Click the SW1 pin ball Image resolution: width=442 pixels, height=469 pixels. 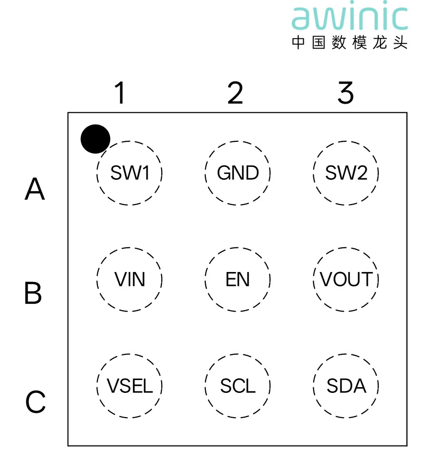[130, 173]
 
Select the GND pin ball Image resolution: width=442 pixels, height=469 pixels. [238, 173]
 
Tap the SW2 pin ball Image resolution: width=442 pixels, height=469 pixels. [346, 173]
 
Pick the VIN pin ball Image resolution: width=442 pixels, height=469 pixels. [130, 279]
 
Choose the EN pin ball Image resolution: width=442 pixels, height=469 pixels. [238, 279]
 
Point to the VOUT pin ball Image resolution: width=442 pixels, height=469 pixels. [346, 279]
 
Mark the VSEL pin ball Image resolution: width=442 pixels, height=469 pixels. [130, 386]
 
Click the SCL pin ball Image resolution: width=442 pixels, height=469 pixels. [238, 386]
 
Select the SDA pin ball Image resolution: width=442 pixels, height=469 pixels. [346, 386]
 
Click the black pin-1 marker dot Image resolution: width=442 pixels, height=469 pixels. [95, 139]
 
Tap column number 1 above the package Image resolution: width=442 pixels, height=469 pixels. [120, 93]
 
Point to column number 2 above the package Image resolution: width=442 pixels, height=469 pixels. [235, 93]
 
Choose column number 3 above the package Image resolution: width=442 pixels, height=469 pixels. [346, 93]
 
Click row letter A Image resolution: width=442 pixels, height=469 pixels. [35, 189]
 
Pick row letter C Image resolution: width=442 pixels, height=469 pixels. [35, 402]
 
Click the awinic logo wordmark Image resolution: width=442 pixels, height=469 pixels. [349, 18]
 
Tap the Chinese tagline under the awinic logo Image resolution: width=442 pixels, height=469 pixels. [349, 42]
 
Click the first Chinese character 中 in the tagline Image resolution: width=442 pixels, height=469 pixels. [298, 42]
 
